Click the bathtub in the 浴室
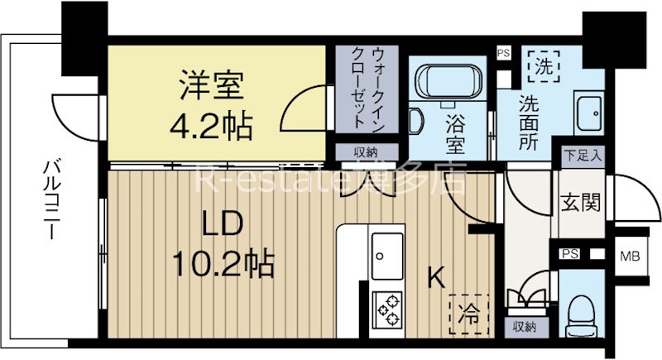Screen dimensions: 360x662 [x=446, y=84]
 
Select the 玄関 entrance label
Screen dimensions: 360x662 [x=581, y=201]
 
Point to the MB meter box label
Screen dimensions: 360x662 [x=630, y=255]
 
